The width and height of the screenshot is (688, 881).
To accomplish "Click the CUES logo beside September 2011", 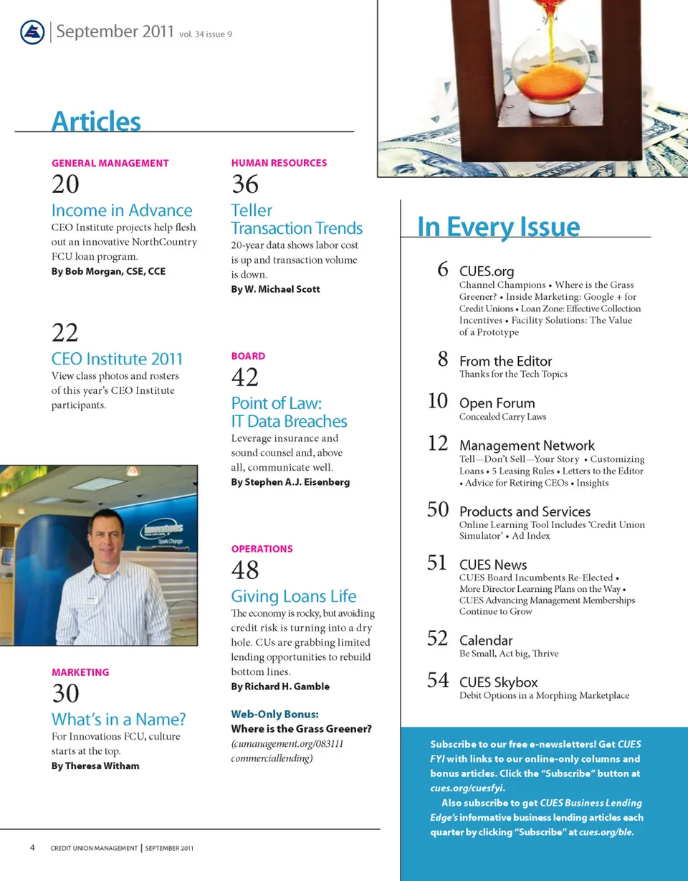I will pos(32,32).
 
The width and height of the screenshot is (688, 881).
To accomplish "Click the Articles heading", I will pos(96,121).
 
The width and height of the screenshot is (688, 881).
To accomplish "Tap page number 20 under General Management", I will pos(65,184).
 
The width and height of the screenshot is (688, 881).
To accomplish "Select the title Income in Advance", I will pos(122,210).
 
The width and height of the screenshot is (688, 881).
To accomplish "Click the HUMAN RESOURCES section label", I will pos(279,163).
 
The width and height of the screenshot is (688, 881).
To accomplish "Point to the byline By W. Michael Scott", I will pos(275,289).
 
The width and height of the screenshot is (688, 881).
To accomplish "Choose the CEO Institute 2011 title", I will pos(117,359).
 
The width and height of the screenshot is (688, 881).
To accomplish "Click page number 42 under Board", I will pos(244,377).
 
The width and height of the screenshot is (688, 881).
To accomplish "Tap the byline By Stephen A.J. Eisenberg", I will pos(290,482).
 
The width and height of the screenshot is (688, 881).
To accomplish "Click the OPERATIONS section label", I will pos(262,549).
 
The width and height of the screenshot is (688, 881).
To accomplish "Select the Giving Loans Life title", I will pos(293,596).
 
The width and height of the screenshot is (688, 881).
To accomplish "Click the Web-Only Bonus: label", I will pos(274,714).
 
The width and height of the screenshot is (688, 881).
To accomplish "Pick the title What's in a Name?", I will pos(118,719).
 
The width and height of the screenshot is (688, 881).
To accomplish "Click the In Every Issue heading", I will pos(498,227).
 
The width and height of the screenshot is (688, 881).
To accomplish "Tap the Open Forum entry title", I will pos(497,403).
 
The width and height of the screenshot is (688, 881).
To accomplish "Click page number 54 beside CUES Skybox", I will pos(438,679).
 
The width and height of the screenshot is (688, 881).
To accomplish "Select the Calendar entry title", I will pos(486,640).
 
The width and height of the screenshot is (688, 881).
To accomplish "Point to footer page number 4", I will pos(33,847).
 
